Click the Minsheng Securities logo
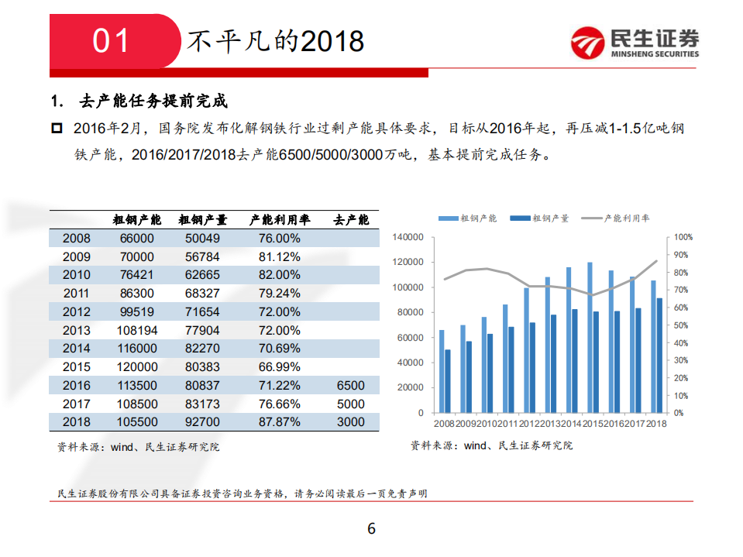[634, 43]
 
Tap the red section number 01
[111, 41]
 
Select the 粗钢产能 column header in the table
[137, 220]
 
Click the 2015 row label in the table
[77, 367]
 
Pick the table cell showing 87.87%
[274, 422]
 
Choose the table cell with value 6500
[351, 386]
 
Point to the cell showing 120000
[137, 367]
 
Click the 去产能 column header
[351, 220]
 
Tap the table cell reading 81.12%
[274, 257]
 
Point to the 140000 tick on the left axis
[408, 237]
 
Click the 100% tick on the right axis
[682, 237]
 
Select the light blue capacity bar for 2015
[590, 337]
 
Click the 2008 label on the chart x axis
[445, 423]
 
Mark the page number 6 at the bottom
[371, 529]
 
